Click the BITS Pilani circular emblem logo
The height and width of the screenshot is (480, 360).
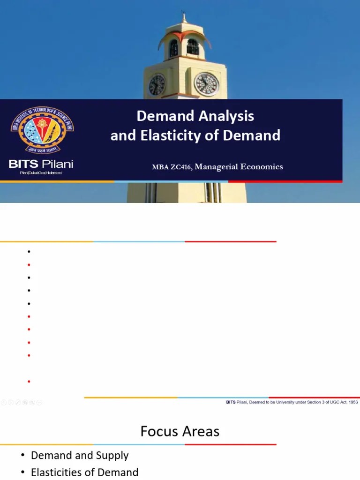pyautogui.click(x=42, y=131)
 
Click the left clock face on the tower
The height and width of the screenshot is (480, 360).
pyautogui.click(x=157, y=85)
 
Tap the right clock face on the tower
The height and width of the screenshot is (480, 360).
pyautogui.click(x=206, y=84)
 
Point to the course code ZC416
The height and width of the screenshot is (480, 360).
pyautogui.click(x=181, y=167)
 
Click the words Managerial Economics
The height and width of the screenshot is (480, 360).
pyautogui.click(x=239, y=167)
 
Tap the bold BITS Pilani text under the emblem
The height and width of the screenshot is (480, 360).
pyautogui.click(x=41, y=164)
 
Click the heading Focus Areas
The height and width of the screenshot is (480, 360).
pyautogui.click(x=180, y=431)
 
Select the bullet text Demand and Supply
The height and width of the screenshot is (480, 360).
pyautogui.click(x=80, y=455)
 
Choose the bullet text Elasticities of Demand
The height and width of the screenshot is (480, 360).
pyautogui.click(x=84, y=472)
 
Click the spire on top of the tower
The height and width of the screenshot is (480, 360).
pyautogui.click(x=184, y=18)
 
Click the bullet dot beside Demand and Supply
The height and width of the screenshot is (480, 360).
pyautogui.click(x=22, y=456)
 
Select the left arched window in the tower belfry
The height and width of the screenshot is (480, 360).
pyautogui.click(x=173, y=48)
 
